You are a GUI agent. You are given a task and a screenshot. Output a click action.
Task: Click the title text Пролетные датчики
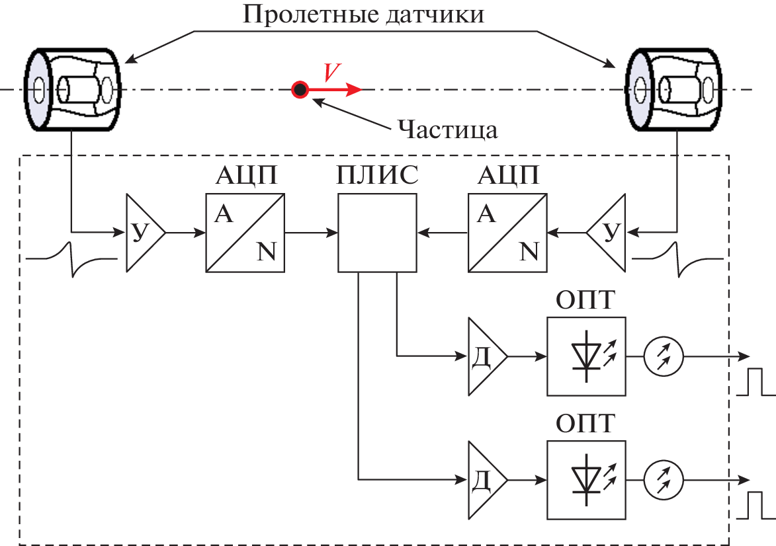point(363,14)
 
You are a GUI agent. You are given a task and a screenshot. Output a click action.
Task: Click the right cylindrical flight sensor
point(673,89)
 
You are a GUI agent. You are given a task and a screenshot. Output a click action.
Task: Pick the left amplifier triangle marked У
point(142,233)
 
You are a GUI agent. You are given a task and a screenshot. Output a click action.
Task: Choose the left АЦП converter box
point(245,233)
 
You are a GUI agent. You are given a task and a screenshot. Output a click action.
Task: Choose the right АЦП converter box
point(507,233)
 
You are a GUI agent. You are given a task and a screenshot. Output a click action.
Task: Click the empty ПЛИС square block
point(377,233)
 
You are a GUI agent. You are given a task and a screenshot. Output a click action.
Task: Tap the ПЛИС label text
point(377,176)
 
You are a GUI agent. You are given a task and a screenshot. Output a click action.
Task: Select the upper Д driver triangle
point(484,356)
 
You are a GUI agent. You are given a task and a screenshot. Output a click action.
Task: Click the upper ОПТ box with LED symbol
point(586,356)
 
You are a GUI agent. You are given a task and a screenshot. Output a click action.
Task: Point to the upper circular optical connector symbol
point(664,356)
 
